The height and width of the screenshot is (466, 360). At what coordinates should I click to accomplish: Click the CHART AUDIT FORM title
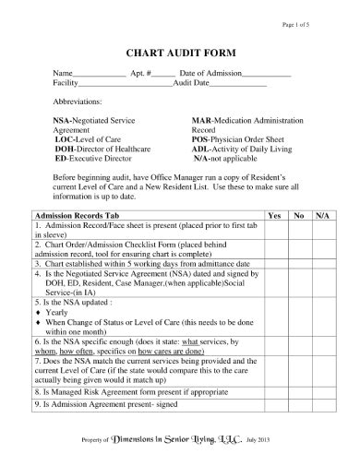[179, 52]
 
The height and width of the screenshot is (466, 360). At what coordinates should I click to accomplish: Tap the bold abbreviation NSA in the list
[63, 121]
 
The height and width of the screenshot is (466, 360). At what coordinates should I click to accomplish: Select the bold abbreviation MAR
[200, 121]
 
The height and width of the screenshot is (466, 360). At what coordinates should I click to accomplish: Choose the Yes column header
[273, 214]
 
